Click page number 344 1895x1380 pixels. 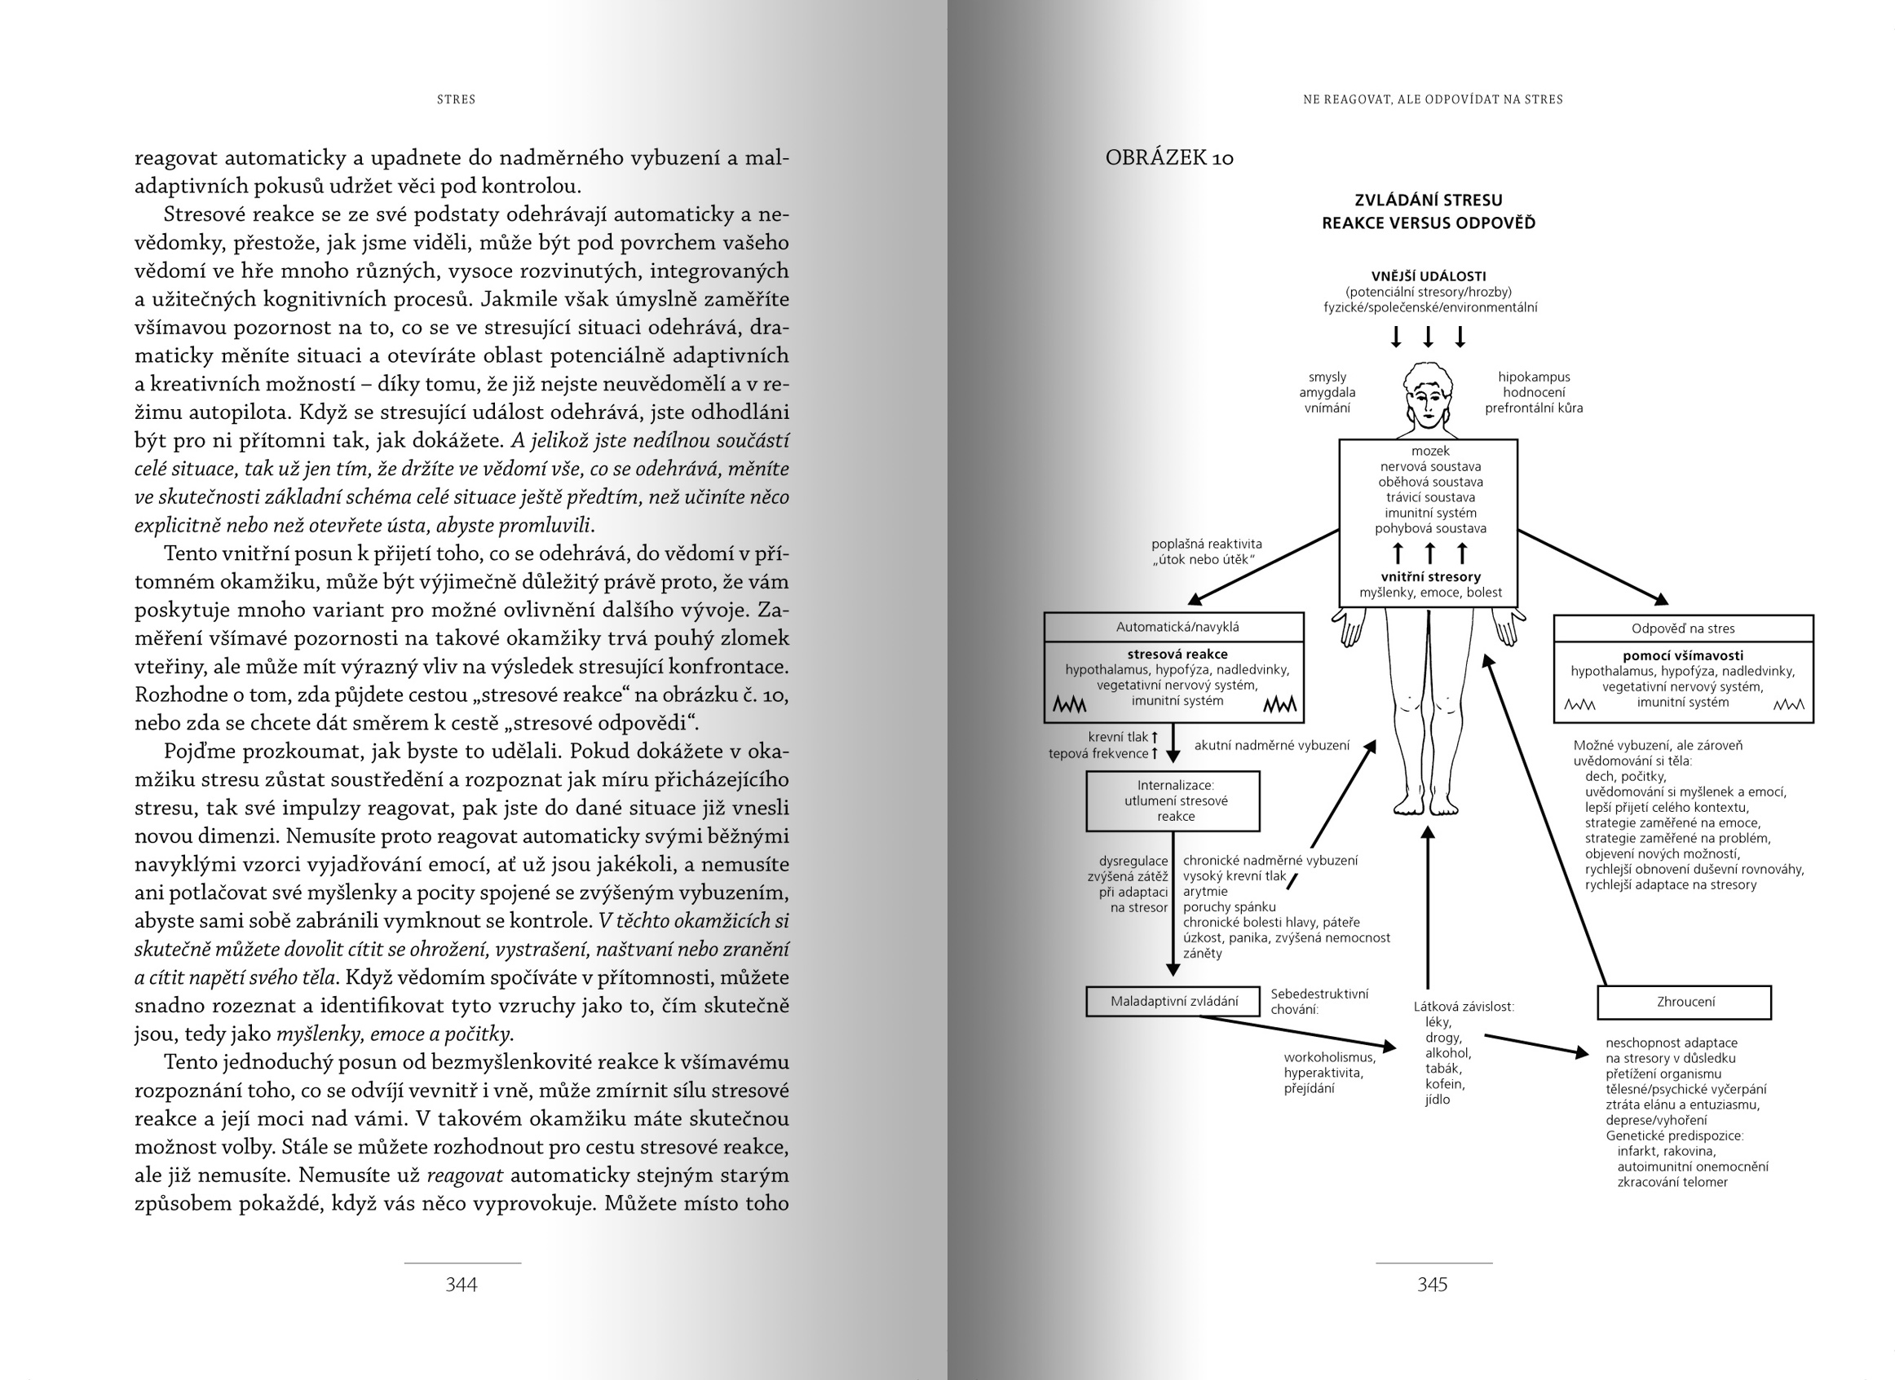462,1284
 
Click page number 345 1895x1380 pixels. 1432,1284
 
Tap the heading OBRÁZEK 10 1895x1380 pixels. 1169,158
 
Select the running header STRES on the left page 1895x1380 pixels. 456,99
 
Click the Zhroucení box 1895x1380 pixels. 1685,1002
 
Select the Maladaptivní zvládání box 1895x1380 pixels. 1173,1001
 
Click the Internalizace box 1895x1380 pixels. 1173,800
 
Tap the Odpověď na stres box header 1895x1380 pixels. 1683,628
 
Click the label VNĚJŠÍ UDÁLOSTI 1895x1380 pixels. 1428,276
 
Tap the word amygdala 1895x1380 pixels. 1327,393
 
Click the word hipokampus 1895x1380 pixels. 1533,377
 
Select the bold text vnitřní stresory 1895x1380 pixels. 1430,576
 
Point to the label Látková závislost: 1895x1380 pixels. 1463,1007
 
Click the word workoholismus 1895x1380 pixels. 1329,1056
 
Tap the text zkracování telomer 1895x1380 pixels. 1672,1182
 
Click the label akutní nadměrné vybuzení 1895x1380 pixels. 1272,745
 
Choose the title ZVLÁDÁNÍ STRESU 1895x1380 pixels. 1428,201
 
